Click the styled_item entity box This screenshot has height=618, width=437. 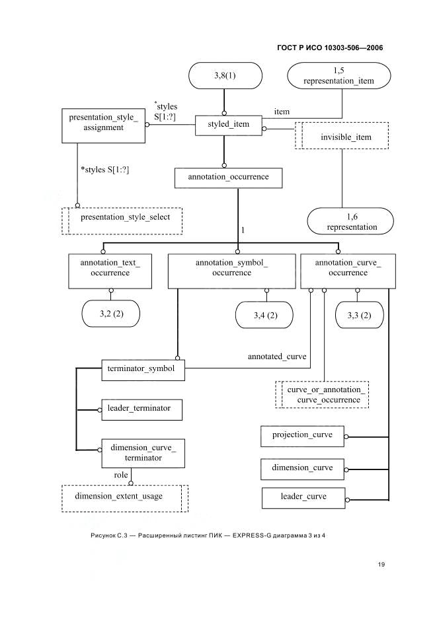point(229,125)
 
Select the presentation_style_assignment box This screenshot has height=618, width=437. point(103,125)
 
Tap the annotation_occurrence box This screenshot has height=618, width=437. point(229,178)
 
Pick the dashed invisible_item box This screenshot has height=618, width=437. point(342,135)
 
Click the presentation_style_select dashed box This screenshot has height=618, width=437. point(122,221)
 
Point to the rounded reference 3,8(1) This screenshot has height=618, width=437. point(225,76)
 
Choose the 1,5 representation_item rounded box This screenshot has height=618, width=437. point(338,76)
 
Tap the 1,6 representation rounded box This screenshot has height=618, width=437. point(350,221)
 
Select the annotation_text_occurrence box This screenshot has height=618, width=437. point(110,271)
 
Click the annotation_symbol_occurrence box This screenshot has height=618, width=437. point(232,271)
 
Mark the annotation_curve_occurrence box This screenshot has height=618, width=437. point(348,271)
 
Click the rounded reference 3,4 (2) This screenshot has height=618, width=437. point(264,315)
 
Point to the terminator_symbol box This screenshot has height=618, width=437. point(143,370)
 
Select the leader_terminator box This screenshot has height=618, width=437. point(142,410)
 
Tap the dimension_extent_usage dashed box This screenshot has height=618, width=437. point(125,498)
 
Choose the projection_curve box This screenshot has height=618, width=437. point(302,436)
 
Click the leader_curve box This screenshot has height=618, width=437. point(303,498)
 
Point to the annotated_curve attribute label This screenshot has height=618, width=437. point(277,357)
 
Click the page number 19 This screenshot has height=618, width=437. point(381,565)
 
